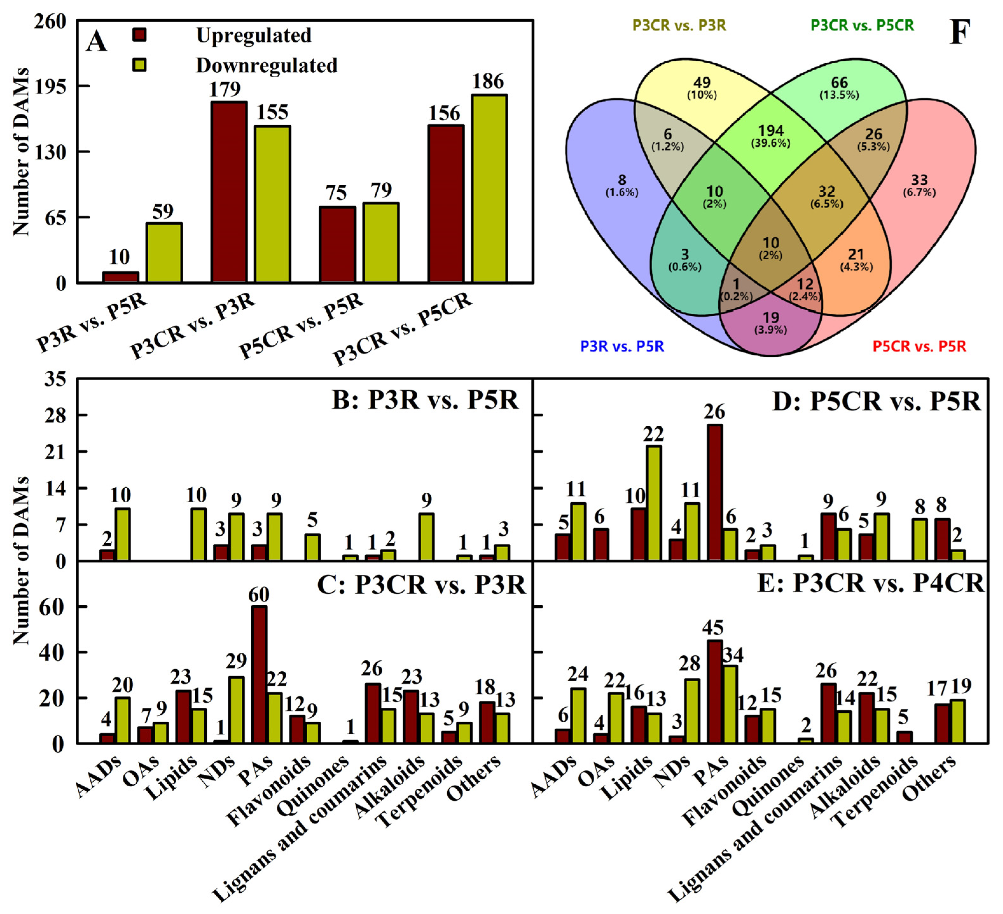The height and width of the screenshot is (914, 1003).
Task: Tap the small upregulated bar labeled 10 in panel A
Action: (x=120, y=278)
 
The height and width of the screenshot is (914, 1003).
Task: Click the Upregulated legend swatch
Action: (x=140, y=35)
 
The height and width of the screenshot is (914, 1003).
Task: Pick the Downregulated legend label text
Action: (x=267, y=65)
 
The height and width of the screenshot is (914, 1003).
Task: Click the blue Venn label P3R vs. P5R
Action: (x=622, y=346)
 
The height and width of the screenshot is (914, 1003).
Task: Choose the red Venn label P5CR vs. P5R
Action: (x=919, y=346)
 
